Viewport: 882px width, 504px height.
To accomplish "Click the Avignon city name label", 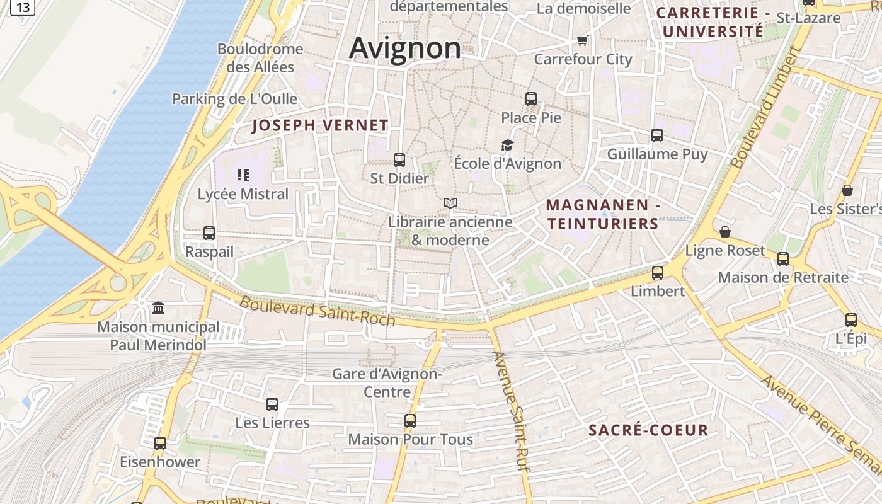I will tap(405, 48).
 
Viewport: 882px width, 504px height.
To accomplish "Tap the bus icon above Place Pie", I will tap(531, 98).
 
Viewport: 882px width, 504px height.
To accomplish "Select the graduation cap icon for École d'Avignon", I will tap(507, 145).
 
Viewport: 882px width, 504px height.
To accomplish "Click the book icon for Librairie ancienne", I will tap(450, 203).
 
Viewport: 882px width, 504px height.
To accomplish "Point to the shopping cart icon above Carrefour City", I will tap(582, 41).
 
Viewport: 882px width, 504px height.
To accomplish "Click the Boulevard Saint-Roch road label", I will tap(317, 311).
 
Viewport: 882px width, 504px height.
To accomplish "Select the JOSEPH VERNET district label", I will tap(320, 125).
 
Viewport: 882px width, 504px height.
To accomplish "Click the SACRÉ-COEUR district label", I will tap(648, 430).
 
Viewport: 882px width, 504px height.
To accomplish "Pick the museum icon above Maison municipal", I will tap(158, 307).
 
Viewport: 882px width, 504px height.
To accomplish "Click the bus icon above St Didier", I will tap(399, 159).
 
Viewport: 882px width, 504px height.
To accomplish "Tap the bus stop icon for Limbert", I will tap(657, 272).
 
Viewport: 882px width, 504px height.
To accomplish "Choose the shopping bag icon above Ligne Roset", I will tap(725, 232).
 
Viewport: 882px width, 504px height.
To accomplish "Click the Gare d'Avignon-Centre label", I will tap(387, 383).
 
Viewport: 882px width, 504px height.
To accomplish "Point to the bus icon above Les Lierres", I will tap(272, 404).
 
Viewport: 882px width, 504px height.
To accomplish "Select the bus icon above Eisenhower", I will tap(160, 443).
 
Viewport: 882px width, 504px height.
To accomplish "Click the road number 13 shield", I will tap(23, 7).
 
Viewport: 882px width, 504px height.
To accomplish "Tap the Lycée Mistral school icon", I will tap(243, 175).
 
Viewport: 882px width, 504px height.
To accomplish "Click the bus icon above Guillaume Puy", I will tap(657, 135).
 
